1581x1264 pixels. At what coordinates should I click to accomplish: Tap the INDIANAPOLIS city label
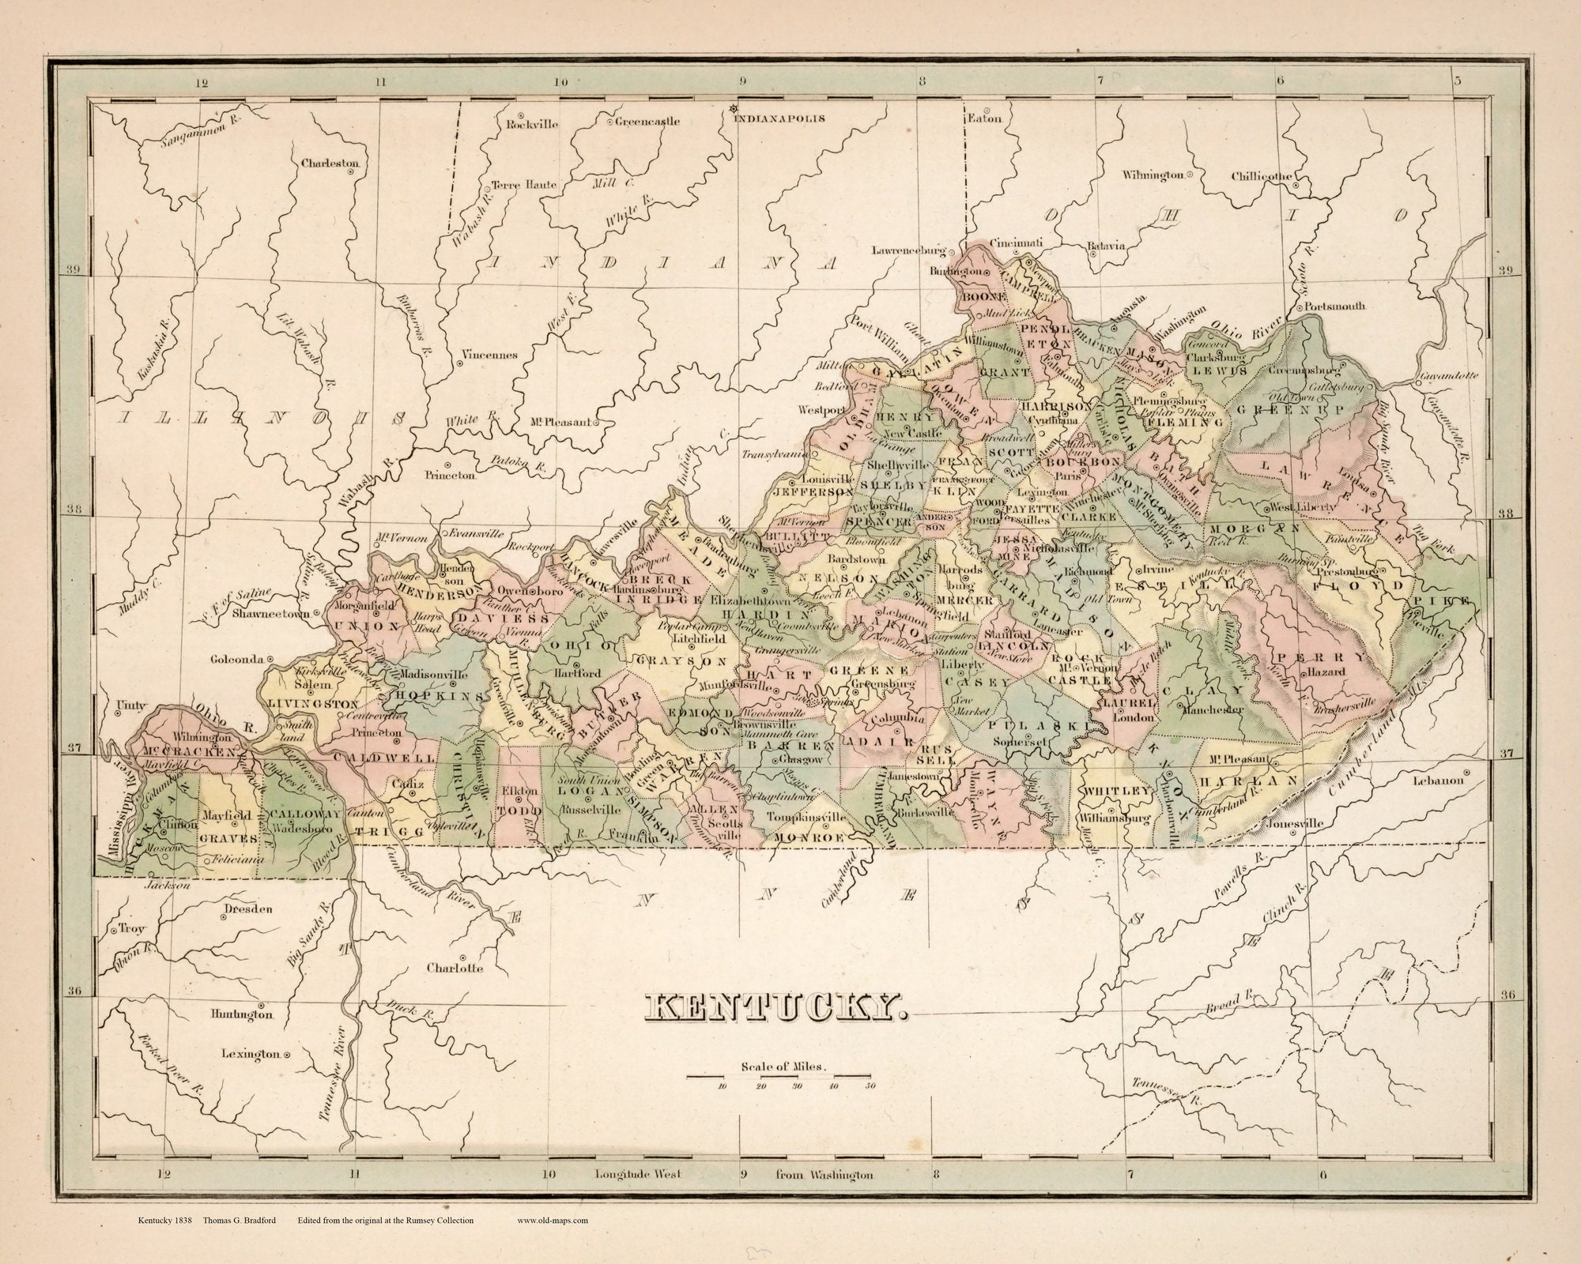pos(779,118)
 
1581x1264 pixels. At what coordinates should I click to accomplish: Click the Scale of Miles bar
pos(779,1076)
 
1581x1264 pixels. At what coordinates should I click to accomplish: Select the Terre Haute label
pos(524,185)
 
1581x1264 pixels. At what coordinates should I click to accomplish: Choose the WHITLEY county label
pos(1115,791)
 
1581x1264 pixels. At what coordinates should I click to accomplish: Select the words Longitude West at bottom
pos(637,1196)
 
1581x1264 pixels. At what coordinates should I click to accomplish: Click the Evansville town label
pos(476,533)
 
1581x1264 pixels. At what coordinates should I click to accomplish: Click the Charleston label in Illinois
pos(330,164)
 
